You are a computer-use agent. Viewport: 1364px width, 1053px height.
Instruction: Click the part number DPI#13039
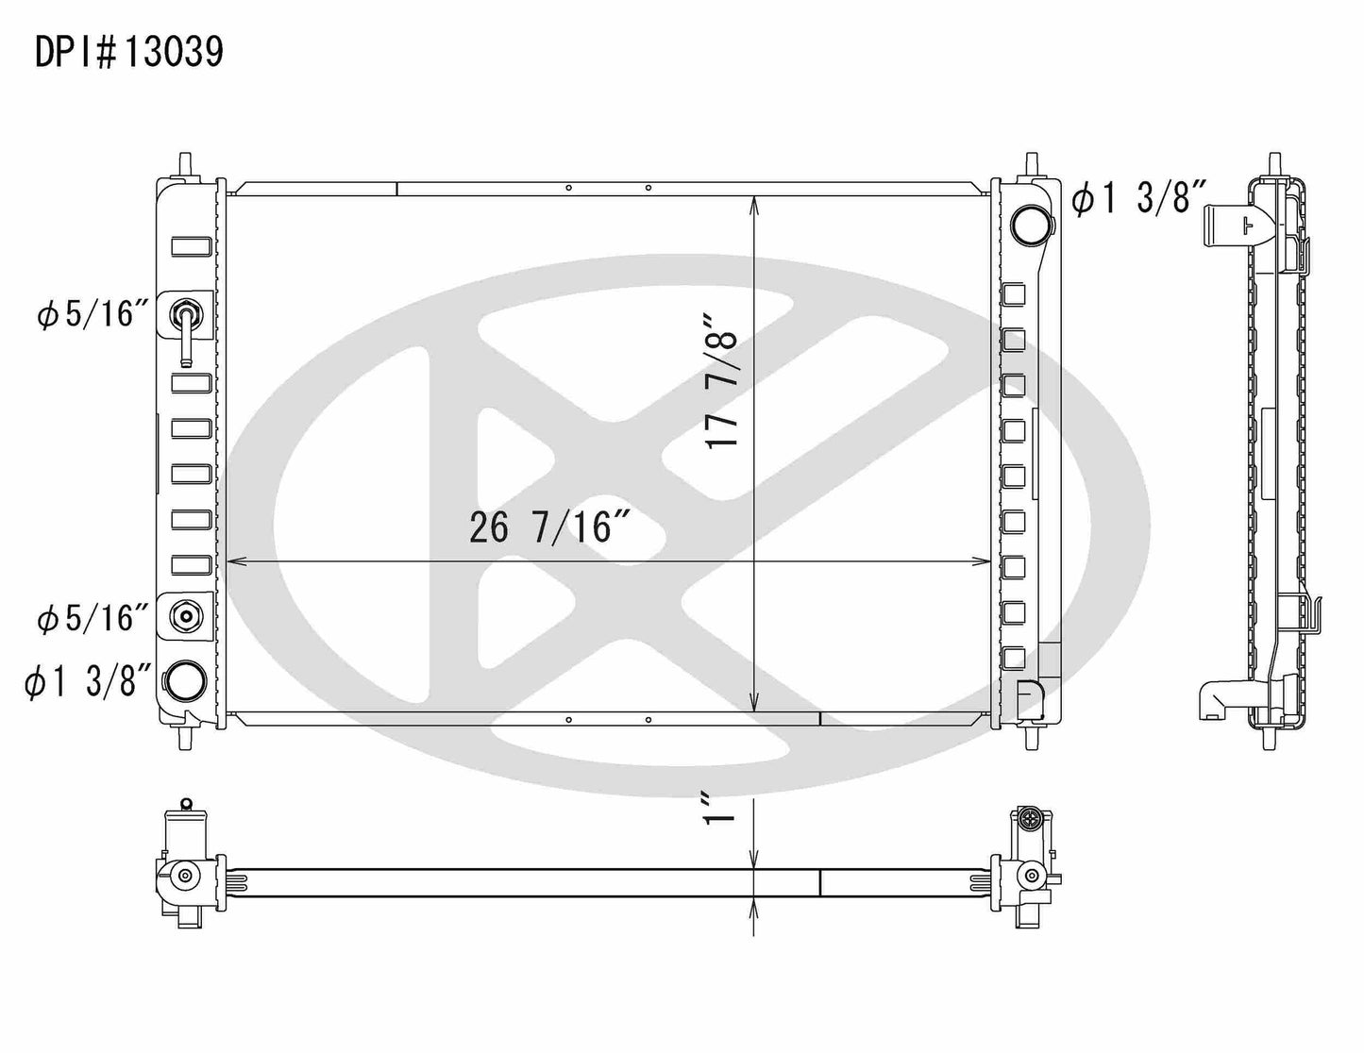click(129, 53)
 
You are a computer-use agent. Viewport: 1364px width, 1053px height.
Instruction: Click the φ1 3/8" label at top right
click(1139, 200)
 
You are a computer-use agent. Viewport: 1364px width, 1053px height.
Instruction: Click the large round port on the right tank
click(1028, 224)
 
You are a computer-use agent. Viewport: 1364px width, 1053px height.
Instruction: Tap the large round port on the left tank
click(185, 678)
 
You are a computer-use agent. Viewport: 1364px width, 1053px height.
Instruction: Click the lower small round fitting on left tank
click(186, 617)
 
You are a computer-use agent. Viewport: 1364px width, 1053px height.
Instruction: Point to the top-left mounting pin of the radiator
click(185, 161)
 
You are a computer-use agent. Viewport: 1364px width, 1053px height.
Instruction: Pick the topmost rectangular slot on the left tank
click(192, 247)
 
